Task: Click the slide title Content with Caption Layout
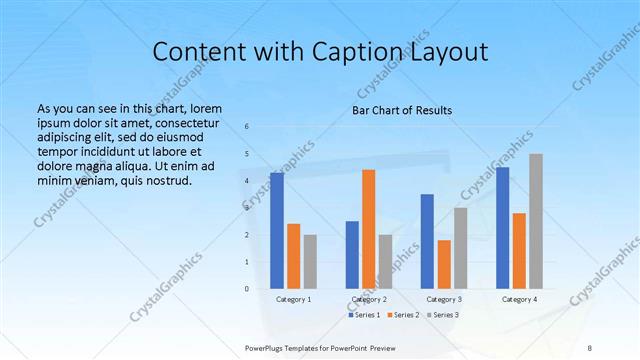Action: click(320, 51)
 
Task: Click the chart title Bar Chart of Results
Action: click(401, 110)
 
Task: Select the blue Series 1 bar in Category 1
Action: click(276, 230)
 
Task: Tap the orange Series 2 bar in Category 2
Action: click(369, 229)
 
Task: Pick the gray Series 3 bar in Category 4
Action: click(536, 221)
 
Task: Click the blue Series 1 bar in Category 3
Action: click(427, 241)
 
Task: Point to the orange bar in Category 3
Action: click(444, 264)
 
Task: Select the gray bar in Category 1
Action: click(310, 261)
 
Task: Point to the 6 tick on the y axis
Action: click(247, 126)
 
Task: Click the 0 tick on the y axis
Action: click(247, 288)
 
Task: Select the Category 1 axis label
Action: click(293, 299)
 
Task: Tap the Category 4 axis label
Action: click(519, 299)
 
